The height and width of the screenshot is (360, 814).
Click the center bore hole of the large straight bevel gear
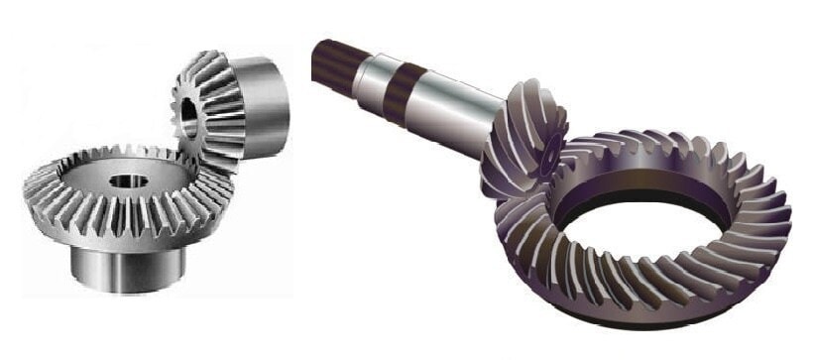pos(127,182)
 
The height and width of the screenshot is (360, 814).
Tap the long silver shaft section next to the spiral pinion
pos(451,104)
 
